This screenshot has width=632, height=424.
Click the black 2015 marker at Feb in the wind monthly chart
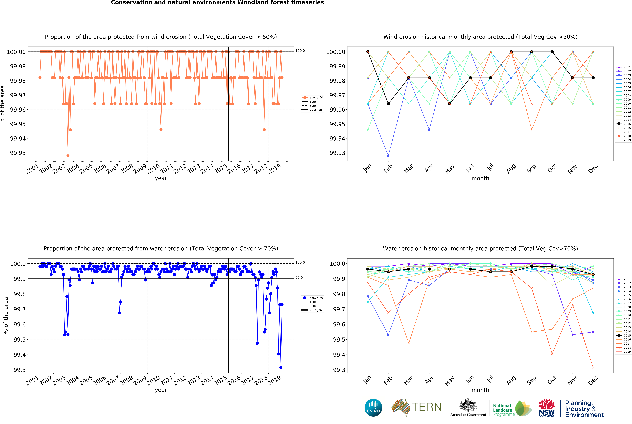(x=388, y=104)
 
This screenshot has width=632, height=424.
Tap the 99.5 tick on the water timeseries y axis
(x=20, y=340)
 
